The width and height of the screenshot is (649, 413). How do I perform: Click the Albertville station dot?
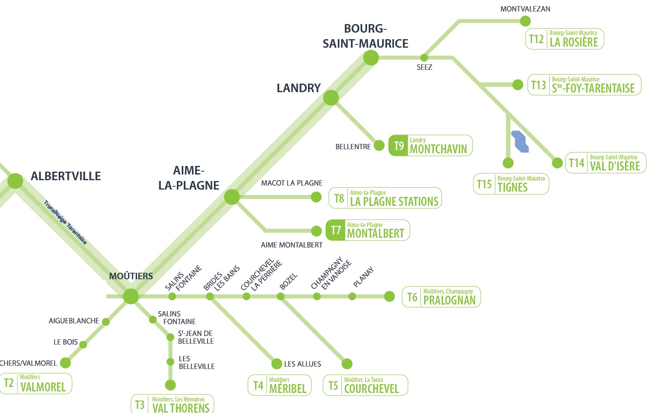pos(15,181)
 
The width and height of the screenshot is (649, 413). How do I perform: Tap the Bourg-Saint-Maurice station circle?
pos(371,58)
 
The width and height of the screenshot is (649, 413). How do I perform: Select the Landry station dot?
pos(331,98)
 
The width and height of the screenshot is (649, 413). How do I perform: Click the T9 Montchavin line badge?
pos(430,146)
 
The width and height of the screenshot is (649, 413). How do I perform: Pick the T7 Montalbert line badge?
pos(367,230)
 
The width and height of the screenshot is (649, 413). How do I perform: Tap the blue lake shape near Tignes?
pos(520,141)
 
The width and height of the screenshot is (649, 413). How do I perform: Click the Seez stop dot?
pos(424,57)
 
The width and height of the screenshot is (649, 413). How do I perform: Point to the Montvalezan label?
pos(525,9)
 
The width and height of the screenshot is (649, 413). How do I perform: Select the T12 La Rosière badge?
pos(564,39)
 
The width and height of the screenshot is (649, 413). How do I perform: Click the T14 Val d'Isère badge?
pos(605,163)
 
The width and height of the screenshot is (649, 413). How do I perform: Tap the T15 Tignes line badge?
pos(511,184)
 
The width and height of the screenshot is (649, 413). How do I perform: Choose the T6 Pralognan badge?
pos(441,297)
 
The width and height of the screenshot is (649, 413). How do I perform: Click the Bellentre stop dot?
pos(379,146)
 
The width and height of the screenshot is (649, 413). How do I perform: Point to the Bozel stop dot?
pos(280,296)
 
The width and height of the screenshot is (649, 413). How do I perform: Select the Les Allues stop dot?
pos(277,364)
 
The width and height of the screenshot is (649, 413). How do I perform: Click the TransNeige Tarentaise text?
pos(66,223)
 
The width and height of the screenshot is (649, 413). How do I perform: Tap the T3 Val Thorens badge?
pos(172,404)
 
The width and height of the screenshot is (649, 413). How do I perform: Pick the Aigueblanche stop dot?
pos(106,322)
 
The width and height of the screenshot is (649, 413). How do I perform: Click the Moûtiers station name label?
pos(131,276)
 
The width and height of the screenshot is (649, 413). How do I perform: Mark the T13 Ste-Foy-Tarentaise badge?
pos(584,85)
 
